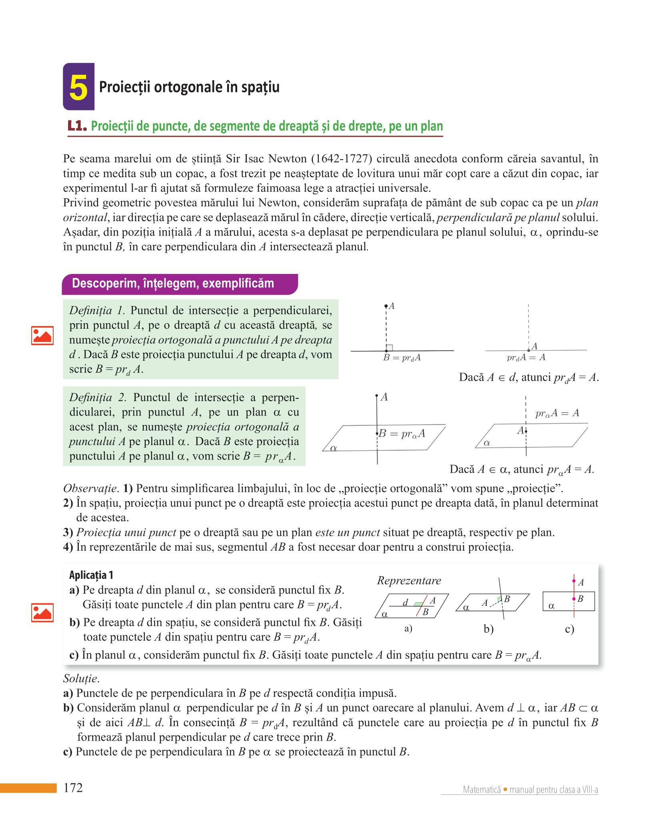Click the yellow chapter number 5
tap(78, 87)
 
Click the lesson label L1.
tap(77, 126)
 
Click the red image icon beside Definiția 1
tap(42, 335)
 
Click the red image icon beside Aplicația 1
tap(42, 612)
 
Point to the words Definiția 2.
tap(98, 397)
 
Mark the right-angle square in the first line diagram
tap(390, 348)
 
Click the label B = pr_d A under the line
tap(402, 358)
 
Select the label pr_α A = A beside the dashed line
tap(557, 413)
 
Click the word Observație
tap(90, 488)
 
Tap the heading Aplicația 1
tap(91, 575)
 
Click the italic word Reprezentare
tap(409, 581)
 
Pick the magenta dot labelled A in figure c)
tap(574, 581)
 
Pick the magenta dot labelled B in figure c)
tap(574, 599)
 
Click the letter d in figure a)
tap(405, 601)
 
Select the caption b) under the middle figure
tap(488, 629)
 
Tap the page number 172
tap(73, 787)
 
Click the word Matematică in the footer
tap(482, 789)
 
